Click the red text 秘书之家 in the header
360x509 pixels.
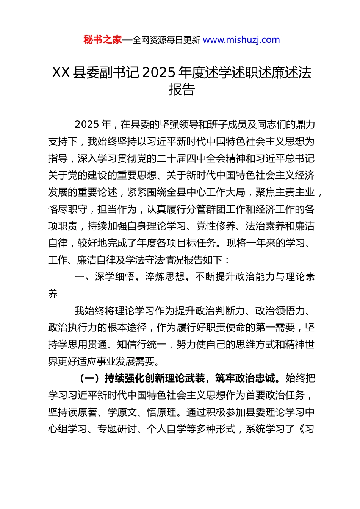(x=103, y=40)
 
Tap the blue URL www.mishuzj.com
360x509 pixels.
(x=241, y=40)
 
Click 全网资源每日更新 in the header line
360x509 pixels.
(x=166, y=40)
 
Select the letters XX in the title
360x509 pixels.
(x=61, y=72)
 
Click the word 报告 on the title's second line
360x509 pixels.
(x=182, y=90)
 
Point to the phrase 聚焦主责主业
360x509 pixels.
(x=285, y=192)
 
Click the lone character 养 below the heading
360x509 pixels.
(x=53, y=294)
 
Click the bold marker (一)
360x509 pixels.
(x=90, y=378)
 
